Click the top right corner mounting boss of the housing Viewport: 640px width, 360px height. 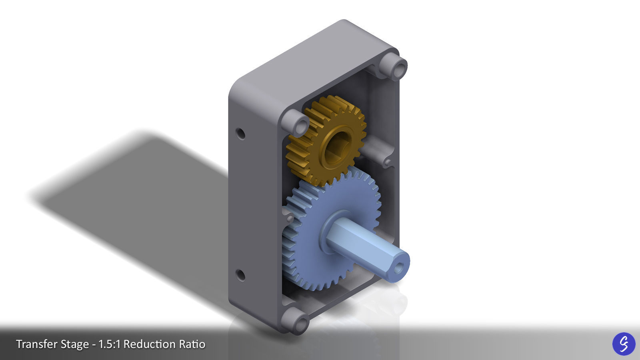click(394, 66)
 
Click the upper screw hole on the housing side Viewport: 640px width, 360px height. click(240, 133)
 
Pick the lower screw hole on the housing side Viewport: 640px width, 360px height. click(240, 275)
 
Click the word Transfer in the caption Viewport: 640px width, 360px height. click(34, 344)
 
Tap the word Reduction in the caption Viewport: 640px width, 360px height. click(149, 344)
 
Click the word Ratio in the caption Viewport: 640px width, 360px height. click(192, 344)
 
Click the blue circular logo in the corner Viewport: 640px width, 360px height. click(624, 344)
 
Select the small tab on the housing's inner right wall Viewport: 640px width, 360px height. click(387, 162)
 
